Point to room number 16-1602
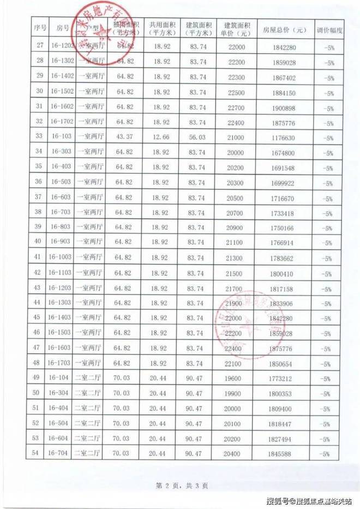[x=60, y=106]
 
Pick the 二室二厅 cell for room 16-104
[x=88, y=377]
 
